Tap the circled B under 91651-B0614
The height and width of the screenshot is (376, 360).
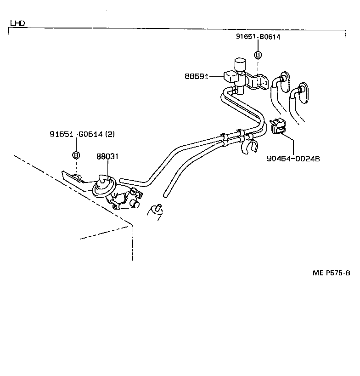pos(258,55)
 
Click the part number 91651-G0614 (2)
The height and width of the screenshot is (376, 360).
pos(82,134)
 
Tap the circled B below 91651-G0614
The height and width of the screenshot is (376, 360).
pos(76,155)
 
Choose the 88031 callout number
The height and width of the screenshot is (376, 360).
pos(107,156)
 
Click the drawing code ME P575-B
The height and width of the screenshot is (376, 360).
pos(332,273)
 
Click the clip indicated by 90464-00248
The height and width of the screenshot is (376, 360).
pos(277,126)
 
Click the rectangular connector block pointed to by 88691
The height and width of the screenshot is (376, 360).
pos(230,76)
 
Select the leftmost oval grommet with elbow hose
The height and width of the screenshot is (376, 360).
pos(283,81)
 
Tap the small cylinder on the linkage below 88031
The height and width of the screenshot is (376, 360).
pos(135,203)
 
